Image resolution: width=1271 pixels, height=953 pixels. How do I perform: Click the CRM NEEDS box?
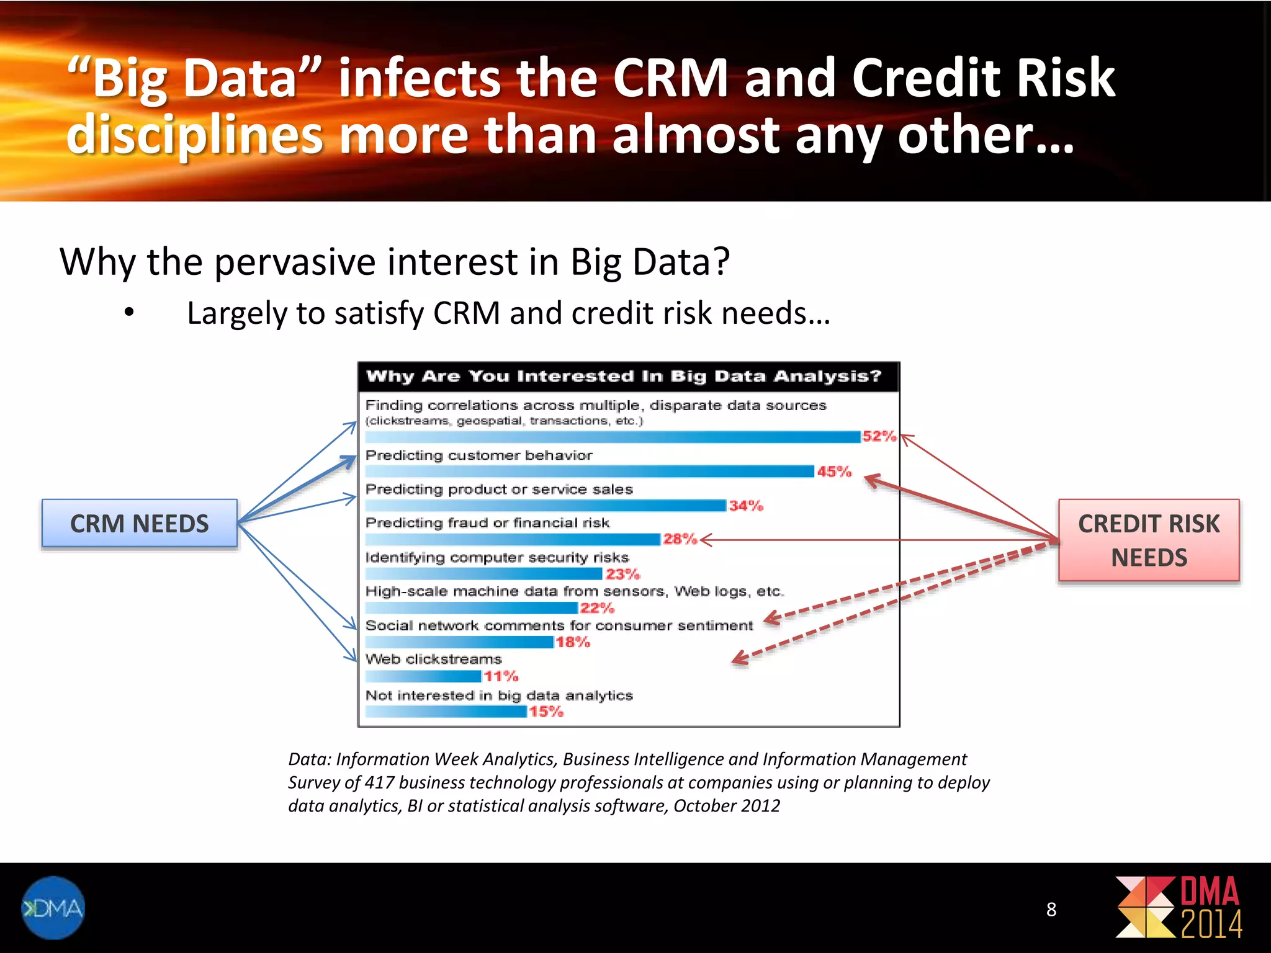coord(140,524)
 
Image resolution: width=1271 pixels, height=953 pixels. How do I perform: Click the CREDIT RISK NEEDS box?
coord(1149,540)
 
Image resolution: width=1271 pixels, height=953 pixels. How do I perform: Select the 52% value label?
coord(879,436)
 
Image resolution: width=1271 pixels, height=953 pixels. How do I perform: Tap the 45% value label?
coord(834,472)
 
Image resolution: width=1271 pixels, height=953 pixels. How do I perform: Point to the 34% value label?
coord(746,506)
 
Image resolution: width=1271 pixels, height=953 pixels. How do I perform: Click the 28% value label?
coord(680,539)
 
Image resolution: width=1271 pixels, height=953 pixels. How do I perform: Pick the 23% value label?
coord(622,574)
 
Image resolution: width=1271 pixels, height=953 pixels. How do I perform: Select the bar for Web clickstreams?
coord(423,676)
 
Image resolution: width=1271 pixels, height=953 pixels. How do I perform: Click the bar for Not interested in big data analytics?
coord(446,712)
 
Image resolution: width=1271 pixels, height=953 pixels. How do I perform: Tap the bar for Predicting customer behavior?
coord(590,472)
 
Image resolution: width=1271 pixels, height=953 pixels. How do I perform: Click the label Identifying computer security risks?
coord(497,557)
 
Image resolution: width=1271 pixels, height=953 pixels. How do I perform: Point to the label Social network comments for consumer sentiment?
coord(559,625)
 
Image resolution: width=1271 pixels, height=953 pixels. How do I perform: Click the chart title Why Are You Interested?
coord(624,376)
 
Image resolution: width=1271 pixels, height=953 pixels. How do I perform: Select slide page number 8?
coord(1051,909)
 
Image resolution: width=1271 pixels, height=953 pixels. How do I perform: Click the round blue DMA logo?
coord(53,908)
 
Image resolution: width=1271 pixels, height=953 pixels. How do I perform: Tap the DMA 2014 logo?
coord(1179,907)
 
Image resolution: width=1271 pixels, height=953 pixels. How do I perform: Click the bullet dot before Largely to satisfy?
coord(129,312)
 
